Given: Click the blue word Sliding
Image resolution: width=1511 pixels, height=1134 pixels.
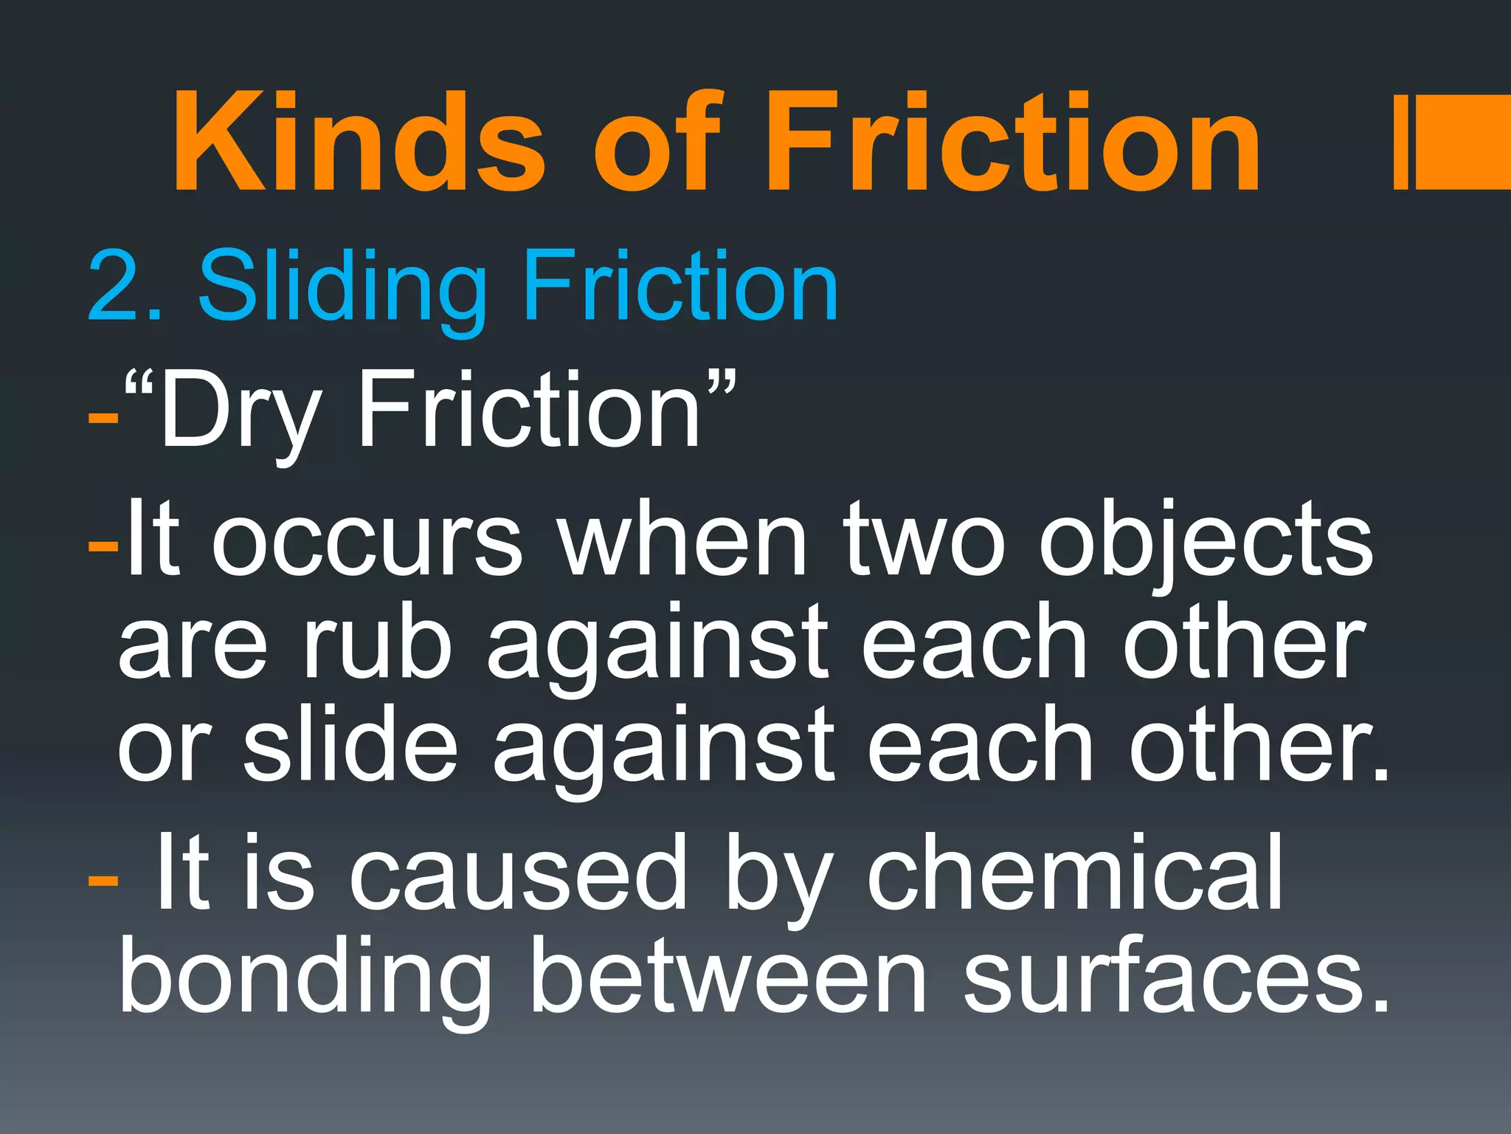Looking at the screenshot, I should (x=342, y=288).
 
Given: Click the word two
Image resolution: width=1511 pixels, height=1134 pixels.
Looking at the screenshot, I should (x=926, y=539).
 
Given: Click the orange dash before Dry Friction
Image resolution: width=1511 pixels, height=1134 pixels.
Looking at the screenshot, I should (x=103, y=418).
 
